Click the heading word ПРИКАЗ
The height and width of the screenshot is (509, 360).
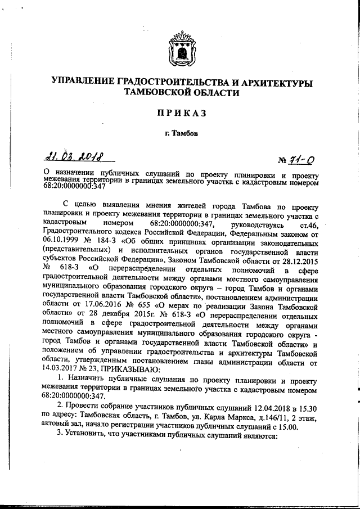(179, 114)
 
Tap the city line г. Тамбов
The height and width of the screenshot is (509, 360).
(179, 133)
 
